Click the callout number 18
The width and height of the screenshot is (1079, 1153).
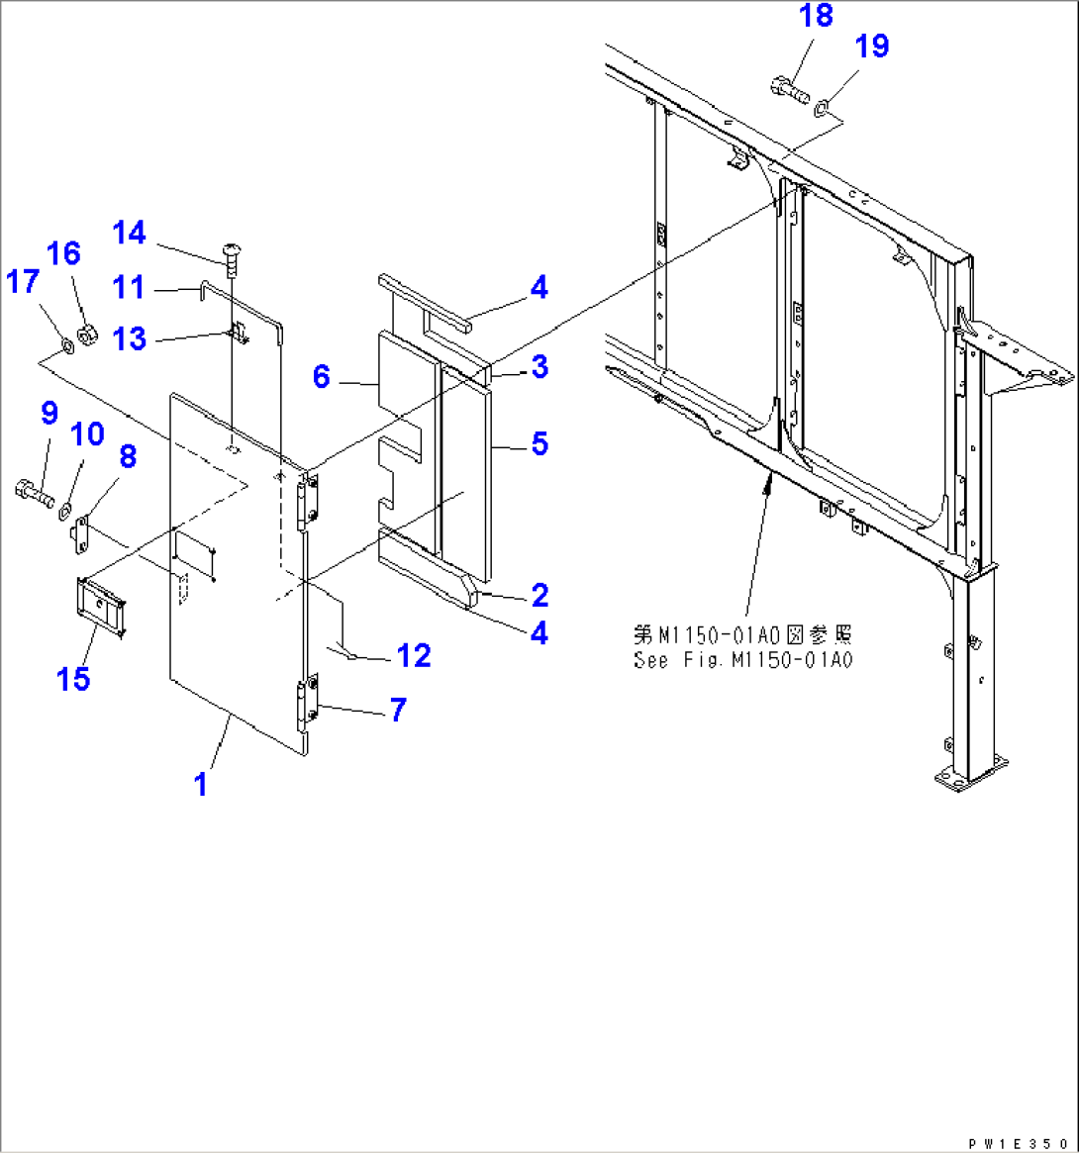[x=817, y=16]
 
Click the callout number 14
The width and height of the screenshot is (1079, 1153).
[x=129, y=234]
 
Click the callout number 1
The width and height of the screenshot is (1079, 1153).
[x=201, y=785]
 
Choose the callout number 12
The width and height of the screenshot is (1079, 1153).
[x=414, y=655]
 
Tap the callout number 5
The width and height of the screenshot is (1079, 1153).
[x=539, y=443]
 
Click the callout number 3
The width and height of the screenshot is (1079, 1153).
[x=539, y=367]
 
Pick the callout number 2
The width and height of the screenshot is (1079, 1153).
[x=539, y=595]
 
